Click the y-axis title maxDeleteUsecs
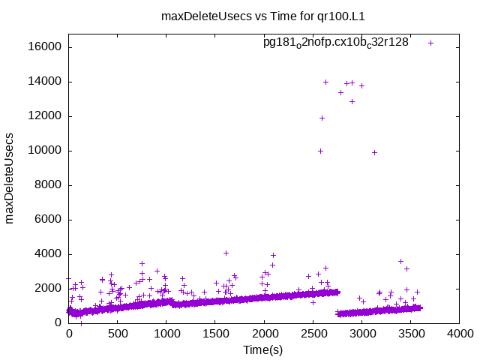click(10, 178)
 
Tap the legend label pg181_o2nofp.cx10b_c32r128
click(335, 43)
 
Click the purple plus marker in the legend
click(430, 43)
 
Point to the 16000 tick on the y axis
click(46, 47)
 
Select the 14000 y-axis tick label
click(46, 82)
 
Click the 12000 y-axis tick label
click(46, 116)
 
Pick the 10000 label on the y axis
click(46, 151)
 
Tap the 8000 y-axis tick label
click(49, 185)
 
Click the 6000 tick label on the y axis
click(49, 220)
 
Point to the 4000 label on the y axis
click(49, 254)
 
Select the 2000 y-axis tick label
click(49, 289)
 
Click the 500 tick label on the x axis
click(118, 334)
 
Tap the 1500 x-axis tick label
click(215, 334)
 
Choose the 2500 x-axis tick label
click(313, 334)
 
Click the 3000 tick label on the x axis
click(362, 334)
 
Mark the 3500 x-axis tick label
click(411, 334)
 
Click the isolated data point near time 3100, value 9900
click(374, 152)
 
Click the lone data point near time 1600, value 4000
click(226, 253)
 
